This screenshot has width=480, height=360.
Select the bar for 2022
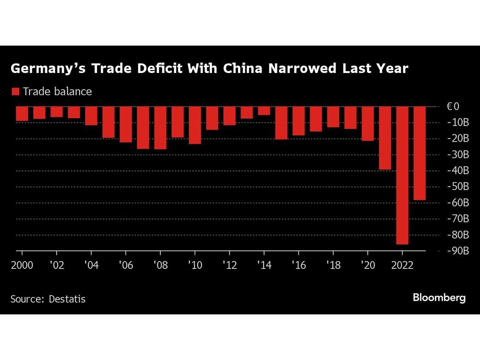pyautogui.click(x=402, y=175)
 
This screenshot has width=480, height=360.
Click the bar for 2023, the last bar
pyautogui.click(x=419, y=153)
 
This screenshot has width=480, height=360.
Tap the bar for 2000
pyautogui.click(x=22, y=114)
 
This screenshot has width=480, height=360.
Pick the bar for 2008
pyautogui.click(x=160, y=128)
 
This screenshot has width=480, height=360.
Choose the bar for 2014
pyautogui.click(x=264, y=111)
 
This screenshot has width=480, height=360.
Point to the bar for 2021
pyautogui.click(x=384, y=138)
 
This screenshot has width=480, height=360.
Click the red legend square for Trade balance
pyautogui.click(x=15, y=91)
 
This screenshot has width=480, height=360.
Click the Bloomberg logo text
pyautogui.click(x=439, y=298)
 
